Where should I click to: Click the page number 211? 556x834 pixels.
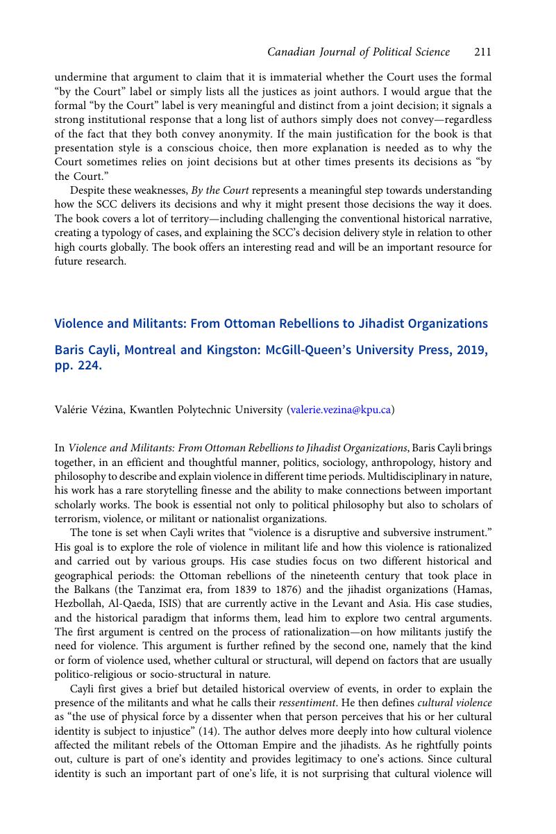pos(483,52)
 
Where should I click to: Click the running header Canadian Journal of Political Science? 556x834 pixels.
pos(358,52)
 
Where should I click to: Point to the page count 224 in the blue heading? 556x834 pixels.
pos(89,367)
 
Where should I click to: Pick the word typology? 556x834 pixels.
pos(117,232)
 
